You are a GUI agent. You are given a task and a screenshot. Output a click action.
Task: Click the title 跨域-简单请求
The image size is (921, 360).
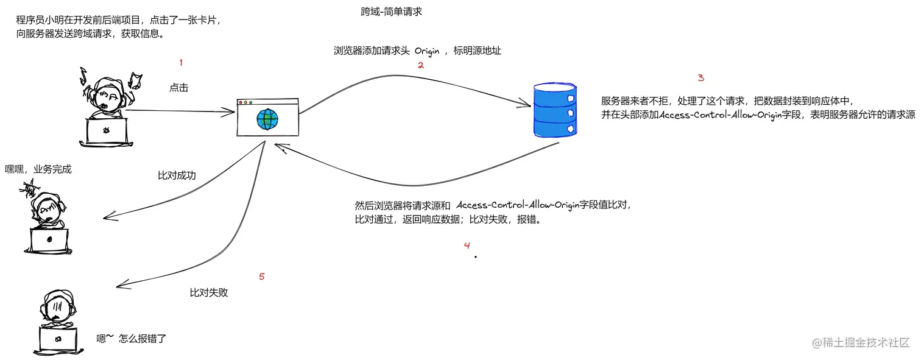point(391,12)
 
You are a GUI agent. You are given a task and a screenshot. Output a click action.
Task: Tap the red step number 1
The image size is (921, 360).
point(180,62)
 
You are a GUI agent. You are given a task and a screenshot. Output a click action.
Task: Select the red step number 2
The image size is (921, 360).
point(420,65)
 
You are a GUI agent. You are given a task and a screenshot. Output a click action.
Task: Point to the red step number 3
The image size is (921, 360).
point(700,78)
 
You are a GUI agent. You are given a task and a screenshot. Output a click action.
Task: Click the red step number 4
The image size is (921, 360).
point(467,245)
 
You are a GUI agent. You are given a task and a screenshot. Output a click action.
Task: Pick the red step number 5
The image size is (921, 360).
point(261,277)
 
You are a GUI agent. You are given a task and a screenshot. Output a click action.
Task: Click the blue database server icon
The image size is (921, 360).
point(554,110)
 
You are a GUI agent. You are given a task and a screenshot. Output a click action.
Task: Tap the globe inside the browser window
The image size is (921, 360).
point(267,118)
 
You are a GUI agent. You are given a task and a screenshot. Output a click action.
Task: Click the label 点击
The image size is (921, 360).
point(178,88)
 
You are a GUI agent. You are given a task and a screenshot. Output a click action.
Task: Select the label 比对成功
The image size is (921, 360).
point(177,176)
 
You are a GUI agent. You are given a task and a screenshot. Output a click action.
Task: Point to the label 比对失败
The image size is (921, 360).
point(209,293)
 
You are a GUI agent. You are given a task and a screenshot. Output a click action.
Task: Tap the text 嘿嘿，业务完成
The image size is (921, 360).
point(38,169)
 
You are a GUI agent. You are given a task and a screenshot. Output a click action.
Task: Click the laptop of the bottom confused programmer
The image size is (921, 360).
point(58,339)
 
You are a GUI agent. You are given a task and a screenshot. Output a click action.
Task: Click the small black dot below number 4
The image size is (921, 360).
point(475,257)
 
